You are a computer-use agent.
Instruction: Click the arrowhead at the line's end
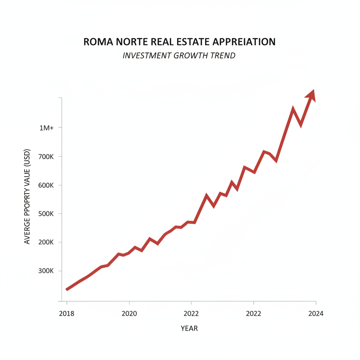coord(311,95)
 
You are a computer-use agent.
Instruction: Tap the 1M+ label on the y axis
coord(46,128)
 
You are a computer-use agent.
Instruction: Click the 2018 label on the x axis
coord(67,314)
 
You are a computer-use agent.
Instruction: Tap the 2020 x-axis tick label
coord(129,314)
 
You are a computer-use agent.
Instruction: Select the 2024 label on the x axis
coord(316,314)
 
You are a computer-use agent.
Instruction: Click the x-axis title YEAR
coord(189,329)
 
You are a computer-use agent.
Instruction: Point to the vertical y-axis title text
coord(27,197)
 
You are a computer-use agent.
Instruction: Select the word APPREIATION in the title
coord(244,42)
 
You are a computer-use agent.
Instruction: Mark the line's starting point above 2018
coord(67,289)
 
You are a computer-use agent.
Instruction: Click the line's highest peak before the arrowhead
coord(293,109)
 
